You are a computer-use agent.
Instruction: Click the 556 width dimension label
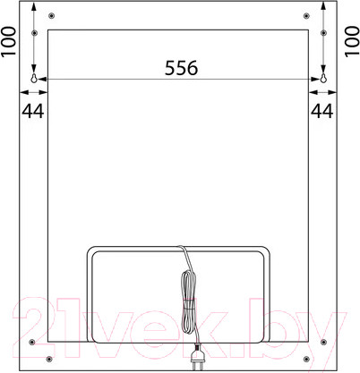tap(181, 67)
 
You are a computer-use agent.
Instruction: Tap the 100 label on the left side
tap(9, 41)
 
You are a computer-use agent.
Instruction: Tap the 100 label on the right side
tap(352, 41)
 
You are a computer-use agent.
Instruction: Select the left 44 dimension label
tap(33, 111)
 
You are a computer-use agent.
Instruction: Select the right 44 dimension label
tap(322, 111)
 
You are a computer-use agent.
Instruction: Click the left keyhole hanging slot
tap(34, 78)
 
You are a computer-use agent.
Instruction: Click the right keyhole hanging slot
tap(323, 78)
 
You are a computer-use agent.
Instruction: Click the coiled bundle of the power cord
tap(189, 302)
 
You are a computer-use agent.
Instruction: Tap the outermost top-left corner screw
tap(52, 15)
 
